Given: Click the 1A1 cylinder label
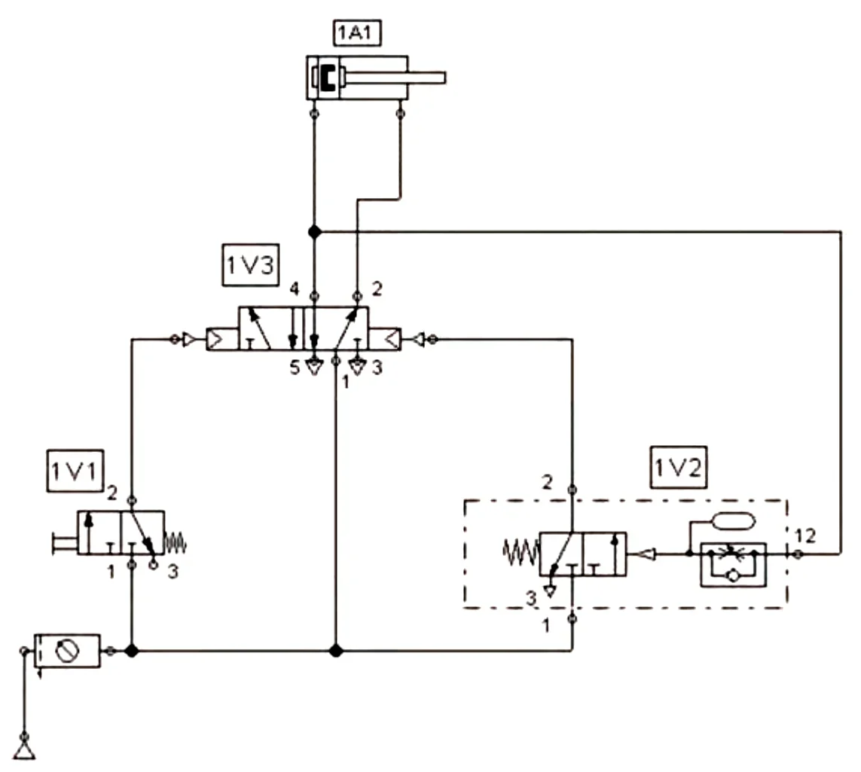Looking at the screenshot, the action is [357, 32].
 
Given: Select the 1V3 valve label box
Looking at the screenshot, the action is [250, 265].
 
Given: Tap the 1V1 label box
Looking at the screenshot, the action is [75, 471].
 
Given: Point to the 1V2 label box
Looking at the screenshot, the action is [678, 467].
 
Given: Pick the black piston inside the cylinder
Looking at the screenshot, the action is [328, 78].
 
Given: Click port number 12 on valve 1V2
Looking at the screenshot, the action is [805, 536].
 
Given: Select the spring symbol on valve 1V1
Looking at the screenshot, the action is [176, 544].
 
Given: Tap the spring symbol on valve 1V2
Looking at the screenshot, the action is [521, 552].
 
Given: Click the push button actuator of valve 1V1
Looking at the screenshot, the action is [64, 544].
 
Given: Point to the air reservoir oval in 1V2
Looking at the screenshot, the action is [733, 520].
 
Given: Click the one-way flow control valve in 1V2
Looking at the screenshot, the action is [733, 565].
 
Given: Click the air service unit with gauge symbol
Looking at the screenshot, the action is [67, 651].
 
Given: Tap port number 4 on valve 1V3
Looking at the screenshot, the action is [295, 288].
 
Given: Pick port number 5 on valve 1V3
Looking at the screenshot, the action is [295, 368].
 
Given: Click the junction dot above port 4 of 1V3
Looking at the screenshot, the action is [314, 232].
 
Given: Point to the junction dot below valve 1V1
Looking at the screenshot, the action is [131, 651].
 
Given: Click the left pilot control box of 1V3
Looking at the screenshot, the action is [222, 340].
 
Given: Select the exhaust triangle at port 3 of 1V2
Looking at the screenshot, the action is [549, 591].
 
